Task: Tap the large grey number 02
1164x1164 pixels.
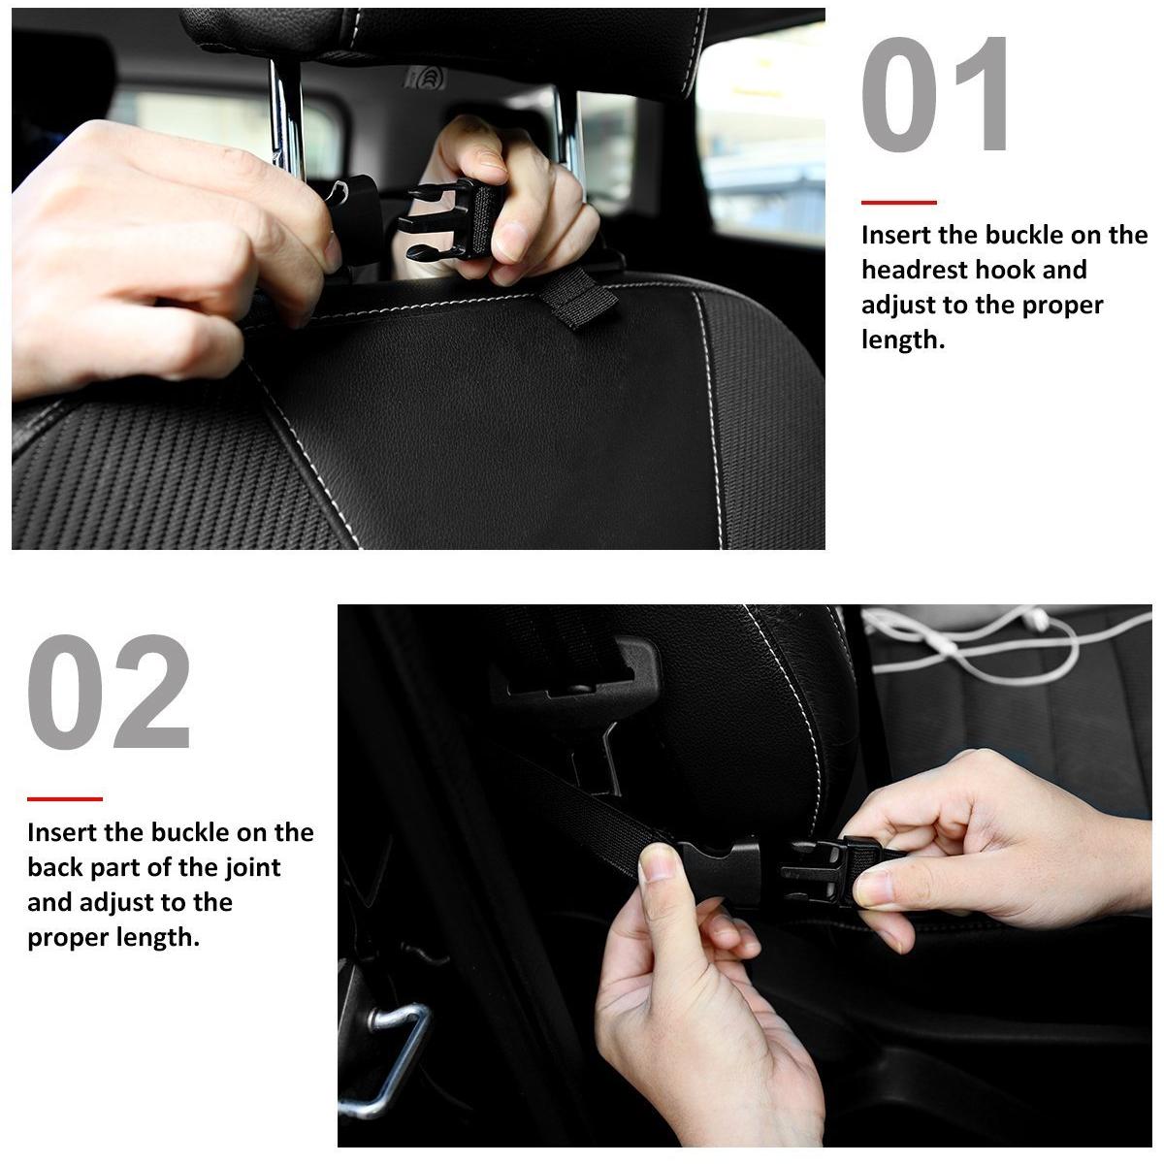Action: [110, 693]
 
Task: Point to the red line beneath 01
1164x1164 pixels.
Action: [898, 203]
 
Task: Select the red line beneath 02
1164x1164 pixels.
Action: [64, 799]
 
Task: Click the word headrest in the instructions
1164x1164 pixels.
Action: [914, 270]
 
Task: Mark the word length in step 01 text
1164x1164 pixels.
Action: [902, 339]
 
